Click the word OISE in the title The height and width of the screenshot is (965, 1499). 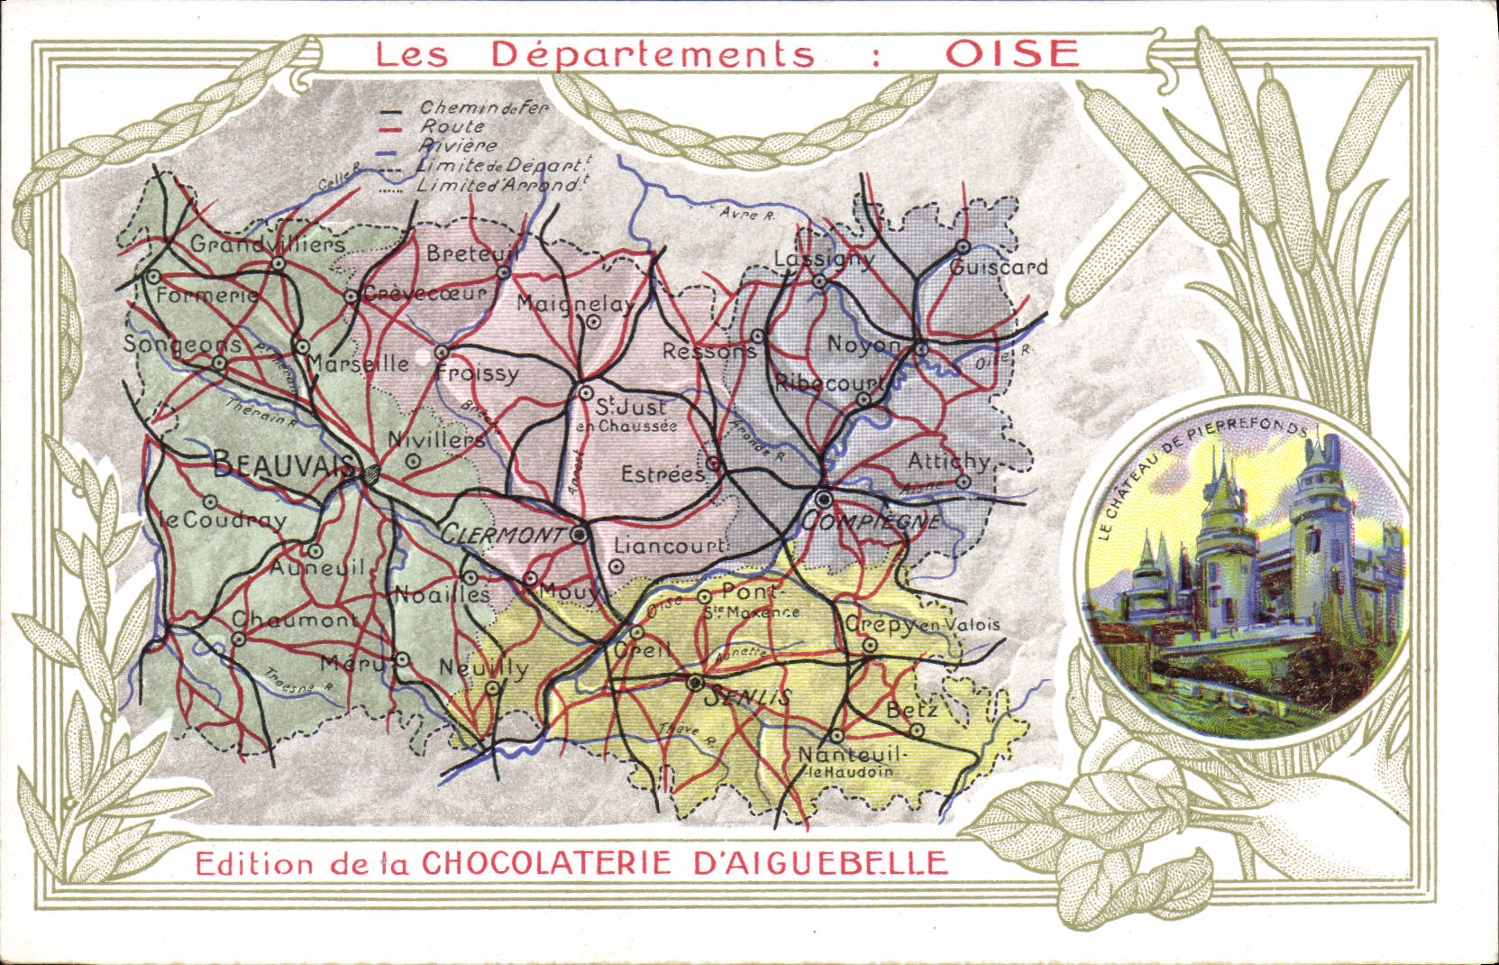(1011, 54)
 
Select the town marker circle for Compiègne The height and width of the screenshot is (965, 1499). (823, 499)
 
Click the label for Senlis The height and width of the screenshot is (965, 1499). (747, 696)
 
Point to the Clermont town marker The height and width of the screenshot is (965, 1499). (580, 535)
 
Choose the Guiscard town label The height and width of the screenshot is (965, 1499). (999, 267)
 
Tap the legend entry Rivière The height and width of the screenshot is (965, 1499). (457, 145)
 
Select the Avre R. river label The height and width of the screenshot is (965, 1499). (748, 214)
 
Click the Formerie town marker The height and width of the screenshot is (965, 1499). (153, 277)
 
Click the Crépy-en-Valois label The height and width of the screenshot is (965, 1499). (921, 624)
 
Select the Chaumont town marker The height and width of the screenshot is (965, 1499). (239, 639)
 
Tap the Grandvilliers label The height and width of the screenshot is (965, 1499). (267, 244)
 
